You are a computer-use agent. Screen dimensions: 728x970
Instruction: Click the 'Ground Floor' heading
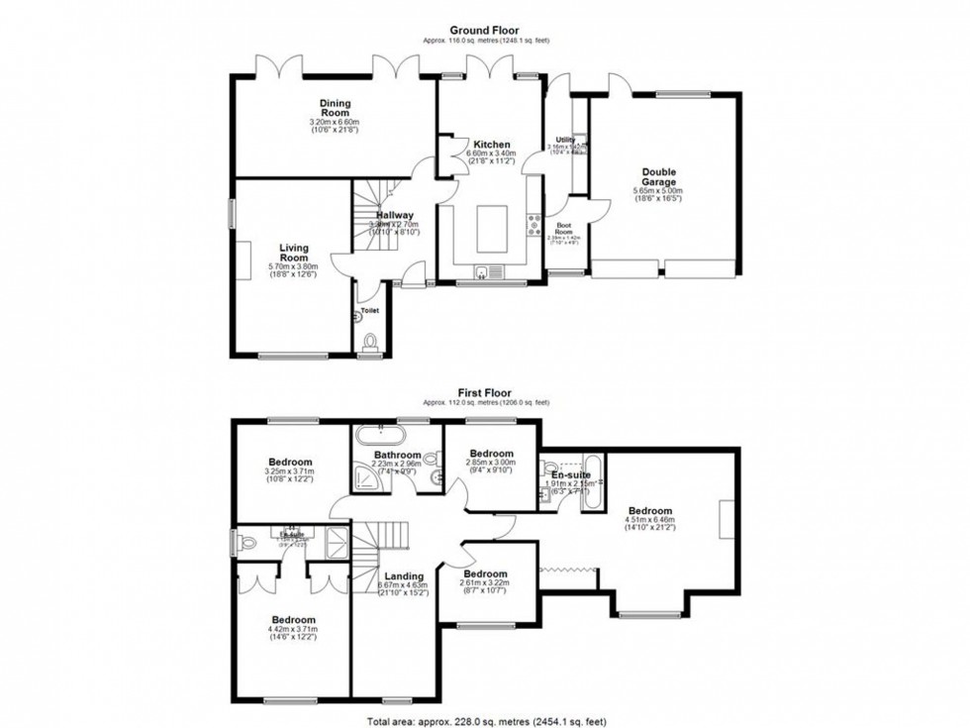[485, 31]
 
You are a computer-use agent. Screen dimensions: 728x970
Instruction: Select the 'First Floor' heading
[485, 391]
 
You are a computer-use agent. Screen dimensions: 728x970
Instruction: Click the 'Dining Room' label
[335, 108]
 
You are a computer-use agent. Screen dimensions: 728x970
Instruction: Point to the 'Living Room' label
[266, 253]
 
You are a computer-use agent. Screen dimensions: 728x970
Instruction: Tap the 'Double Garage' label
[658, 176]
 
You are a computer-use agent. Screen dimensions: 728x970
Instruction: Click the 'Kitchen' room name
[491, 144]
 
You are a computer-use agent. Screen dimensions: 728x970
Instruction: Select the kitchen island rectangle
[492, 229]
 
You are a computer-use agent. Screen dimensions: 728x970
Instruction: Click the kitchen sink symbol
[482, 272]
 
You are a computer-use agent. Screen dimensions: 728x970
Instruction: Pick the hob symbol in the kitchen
[534, 229]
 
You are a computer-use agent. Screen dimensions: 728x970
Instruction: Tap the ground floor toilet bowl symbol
[371, 343]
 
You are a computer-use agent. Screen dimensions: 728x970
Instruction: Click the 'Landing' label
[405, 576]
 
